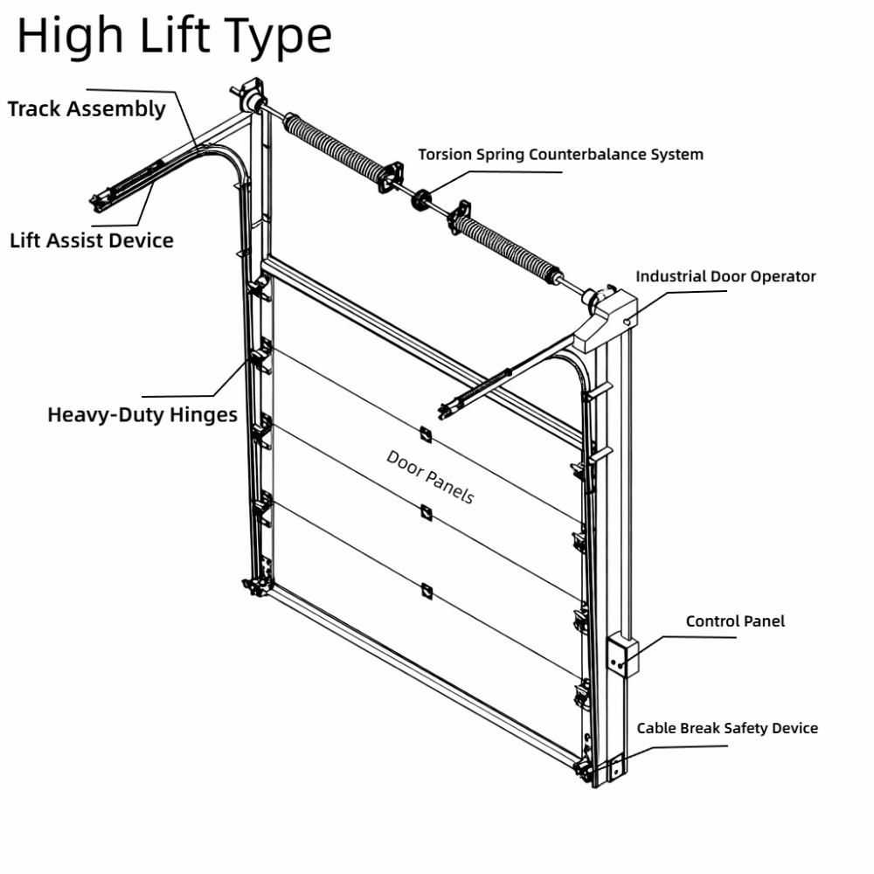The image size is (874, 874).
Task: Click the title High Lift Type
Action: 175,37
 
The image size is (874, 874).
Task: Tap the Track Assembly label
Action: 87,108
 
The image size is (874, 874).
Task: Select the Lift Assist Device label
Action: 92,241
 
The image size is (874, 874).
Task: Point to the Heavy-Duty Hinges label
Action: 142,415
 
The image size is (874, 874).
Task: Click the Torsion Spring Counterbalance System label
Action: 561,155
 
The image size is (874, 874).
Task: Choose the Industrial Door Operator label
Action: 725,276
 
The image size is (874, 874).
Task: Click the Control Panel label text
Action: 735,621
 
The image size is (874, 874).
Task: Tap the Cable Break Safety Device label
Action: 727,729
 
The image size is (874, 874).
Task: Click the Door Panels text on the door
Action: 430,477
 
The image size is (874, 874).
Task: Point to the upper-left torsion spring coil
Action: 335,147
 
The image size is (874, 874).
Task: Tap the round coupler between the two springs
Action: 421,199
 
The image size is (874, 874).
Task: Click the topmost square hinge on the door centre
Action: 426,434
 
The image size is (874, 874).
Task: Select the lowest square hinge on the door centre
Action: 427,591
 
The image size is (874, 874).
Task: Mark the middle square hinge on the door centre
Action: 427,513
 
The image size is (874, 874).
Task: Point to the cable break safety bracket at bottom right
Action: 616,767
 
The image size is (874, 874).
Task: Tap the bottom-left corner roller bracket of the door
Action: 256,586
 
